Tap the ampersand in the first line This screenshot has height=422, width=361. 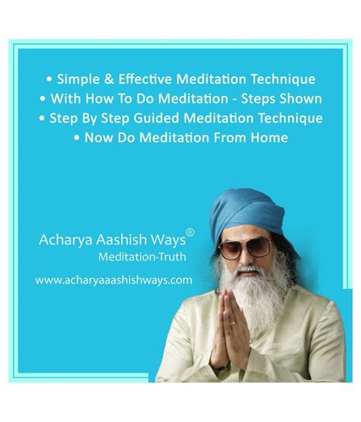(108, 79)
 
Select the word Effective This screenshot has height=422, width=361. (145, 79)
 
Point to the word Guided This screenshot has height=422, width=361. (156, 118)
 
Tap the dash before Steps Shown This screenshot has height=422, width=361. (235, 100)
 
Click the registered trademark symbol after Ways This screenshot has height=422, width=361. (190, 232)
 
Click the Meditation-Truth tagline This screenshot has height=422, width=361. (142, 257)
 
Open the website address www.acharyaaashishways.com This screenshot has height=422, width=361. (113, 280)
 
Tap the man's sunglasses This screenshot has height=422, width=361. (244, 248)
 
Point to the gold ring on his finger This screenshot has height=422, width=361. (234, 322)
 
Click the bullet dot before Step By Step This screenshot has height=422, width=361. (42, 118)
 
